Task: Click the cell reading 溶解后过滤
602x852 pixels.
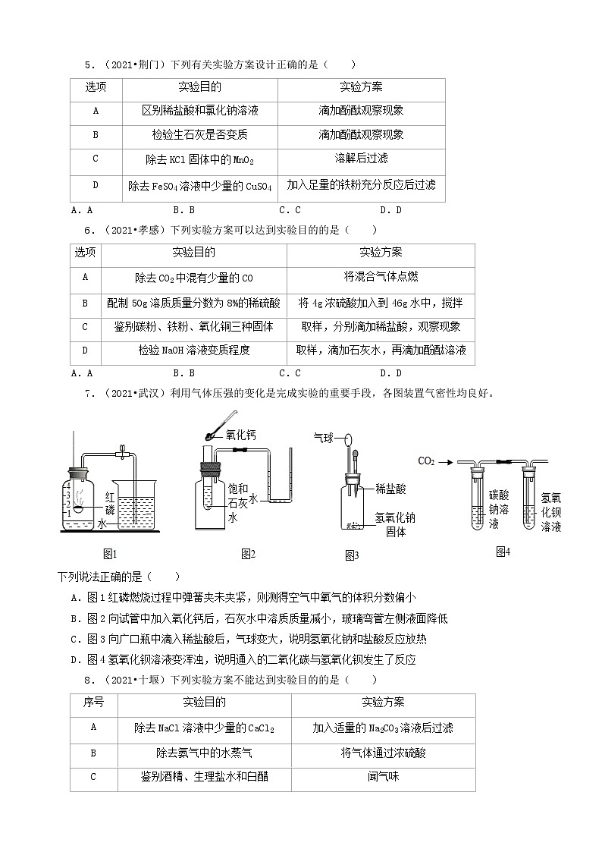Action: tap(361, 159)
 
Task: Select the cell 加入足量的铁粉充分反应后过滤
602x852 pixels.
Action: tap(361, 185)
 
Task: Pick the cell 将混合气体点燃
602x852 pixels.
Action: tap(381, 278)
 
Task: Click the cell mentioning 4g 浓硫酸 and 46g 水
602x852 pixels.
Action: tap(381, 303)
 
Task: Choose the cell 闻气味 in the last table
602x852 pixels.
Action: tap(383, 777)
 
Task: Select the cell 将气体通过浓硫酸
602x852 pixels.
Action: tap(383, 753)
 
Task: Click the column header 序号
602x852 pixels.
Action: tap(93, 703)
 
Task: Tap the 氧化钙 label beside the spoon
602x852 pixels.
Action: tap(240, 435)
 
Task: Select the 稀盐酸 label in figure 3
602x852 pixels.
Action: tap(390, 489)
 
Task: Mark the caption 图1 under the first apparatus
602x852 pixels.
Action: tap(109, 554)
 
